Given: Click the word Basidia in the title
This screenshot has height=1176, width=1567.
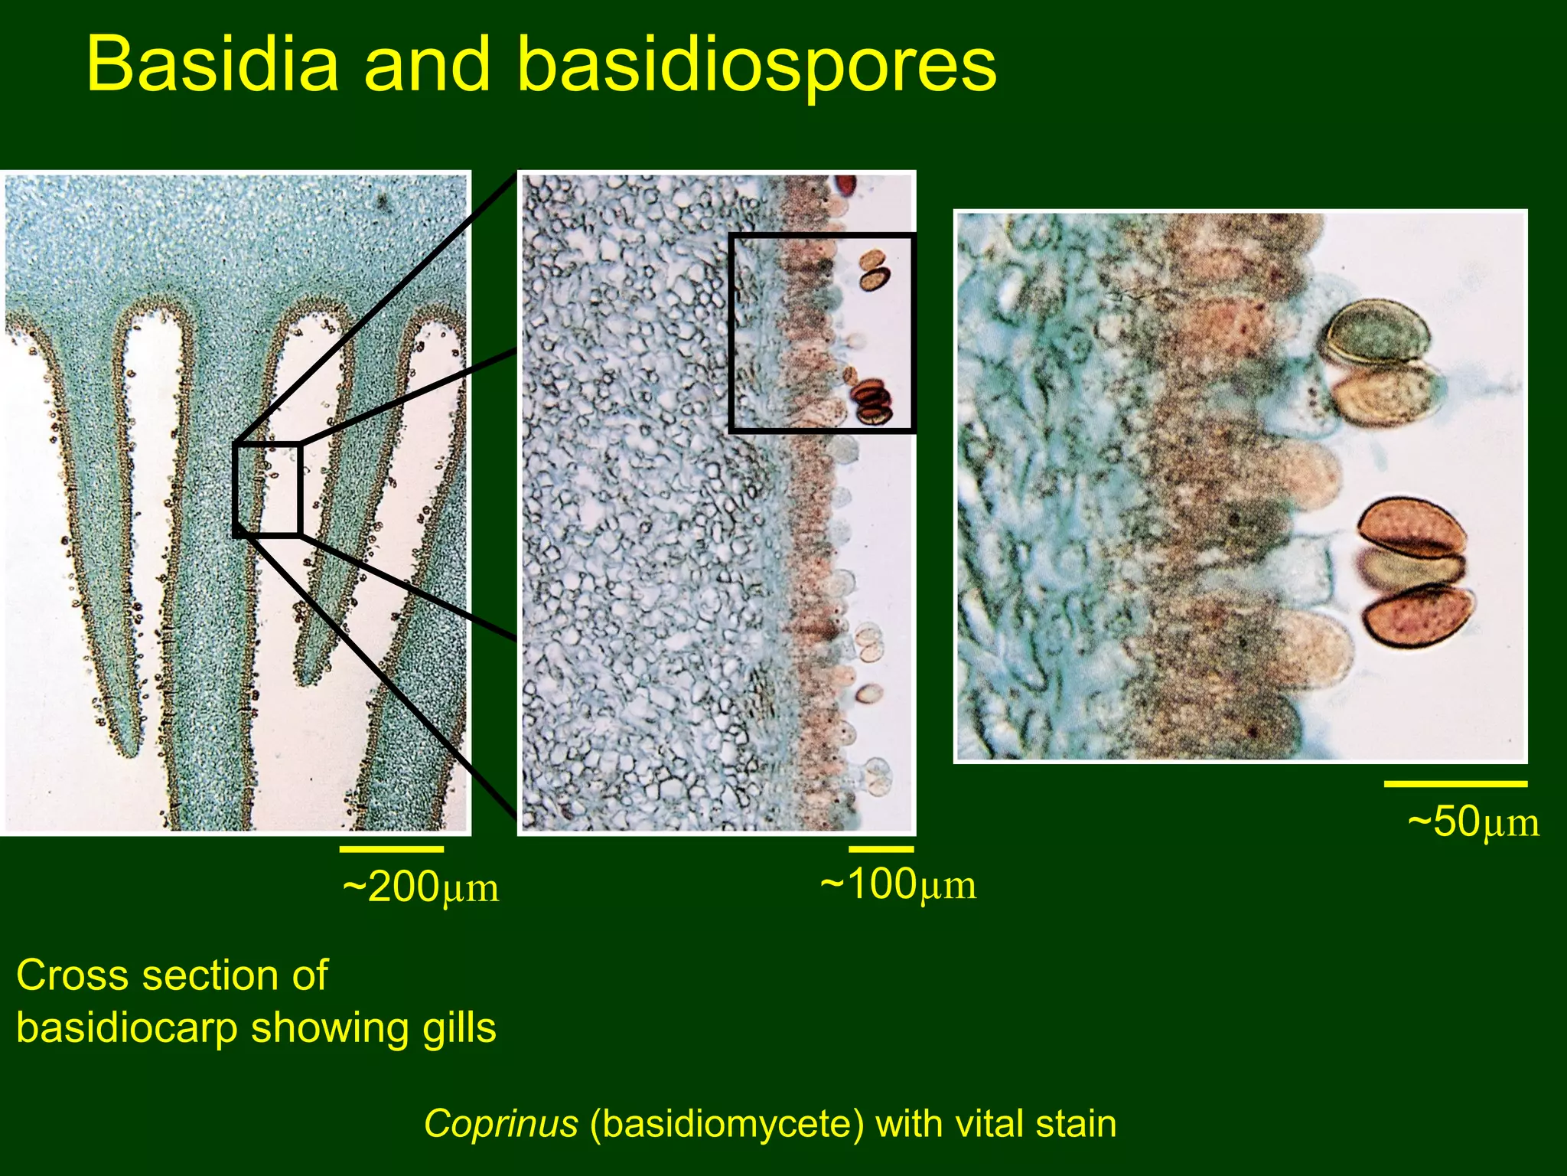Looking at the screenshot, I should coord(213,64).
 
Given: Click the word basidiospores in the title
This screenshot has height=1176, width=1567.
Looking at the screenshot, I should coord(757,64).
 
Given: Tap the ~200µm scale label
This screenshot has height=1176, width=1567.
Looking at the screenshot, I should coord(421,888).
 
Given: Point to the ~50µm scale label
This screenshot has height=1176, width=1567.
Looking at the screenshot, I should coord(1473,822).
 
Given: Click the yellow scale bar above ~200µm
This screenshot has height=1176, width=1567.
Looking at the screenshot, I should coord(391,849).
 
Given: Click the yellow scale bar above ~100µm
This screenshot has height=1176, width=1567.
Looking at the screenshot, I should coord(881,849).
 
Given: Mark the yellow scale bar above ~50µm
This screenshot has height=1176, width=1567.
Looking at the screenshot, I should coord(1455,784).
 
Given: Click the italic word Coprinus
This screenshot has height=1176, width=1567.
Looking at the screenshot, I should coord(501,1124).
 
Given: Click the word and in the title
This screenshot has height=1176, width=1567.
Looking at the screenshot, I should coord(427,64).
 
